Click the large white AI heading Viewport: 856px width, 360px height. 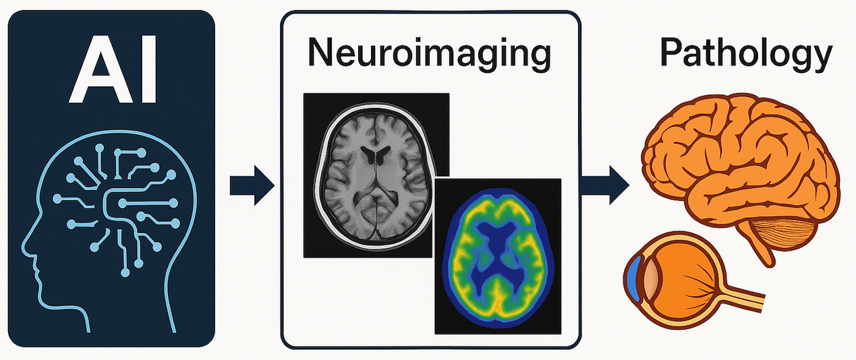(x=113, y=69)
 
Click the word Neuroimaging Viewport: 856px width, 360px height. (x=429, y=54)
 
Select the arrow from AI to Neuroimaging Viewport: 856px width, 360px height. (x=252, y=185)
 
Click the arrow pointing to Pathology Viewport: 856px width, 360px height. (x=604, y=185)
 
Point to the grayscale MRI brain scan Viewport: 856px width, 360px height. (x=376, y=175)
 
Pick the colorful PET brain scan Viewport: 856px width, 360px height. (x=498, y=256)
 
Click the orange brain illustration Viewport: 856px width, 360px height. (x=739, y=172)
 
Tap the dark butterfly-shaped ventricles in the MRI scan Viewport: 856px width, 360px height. (x=376, y=154)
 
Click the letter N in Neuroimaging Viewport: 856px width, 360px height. (x=321, y=53)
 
